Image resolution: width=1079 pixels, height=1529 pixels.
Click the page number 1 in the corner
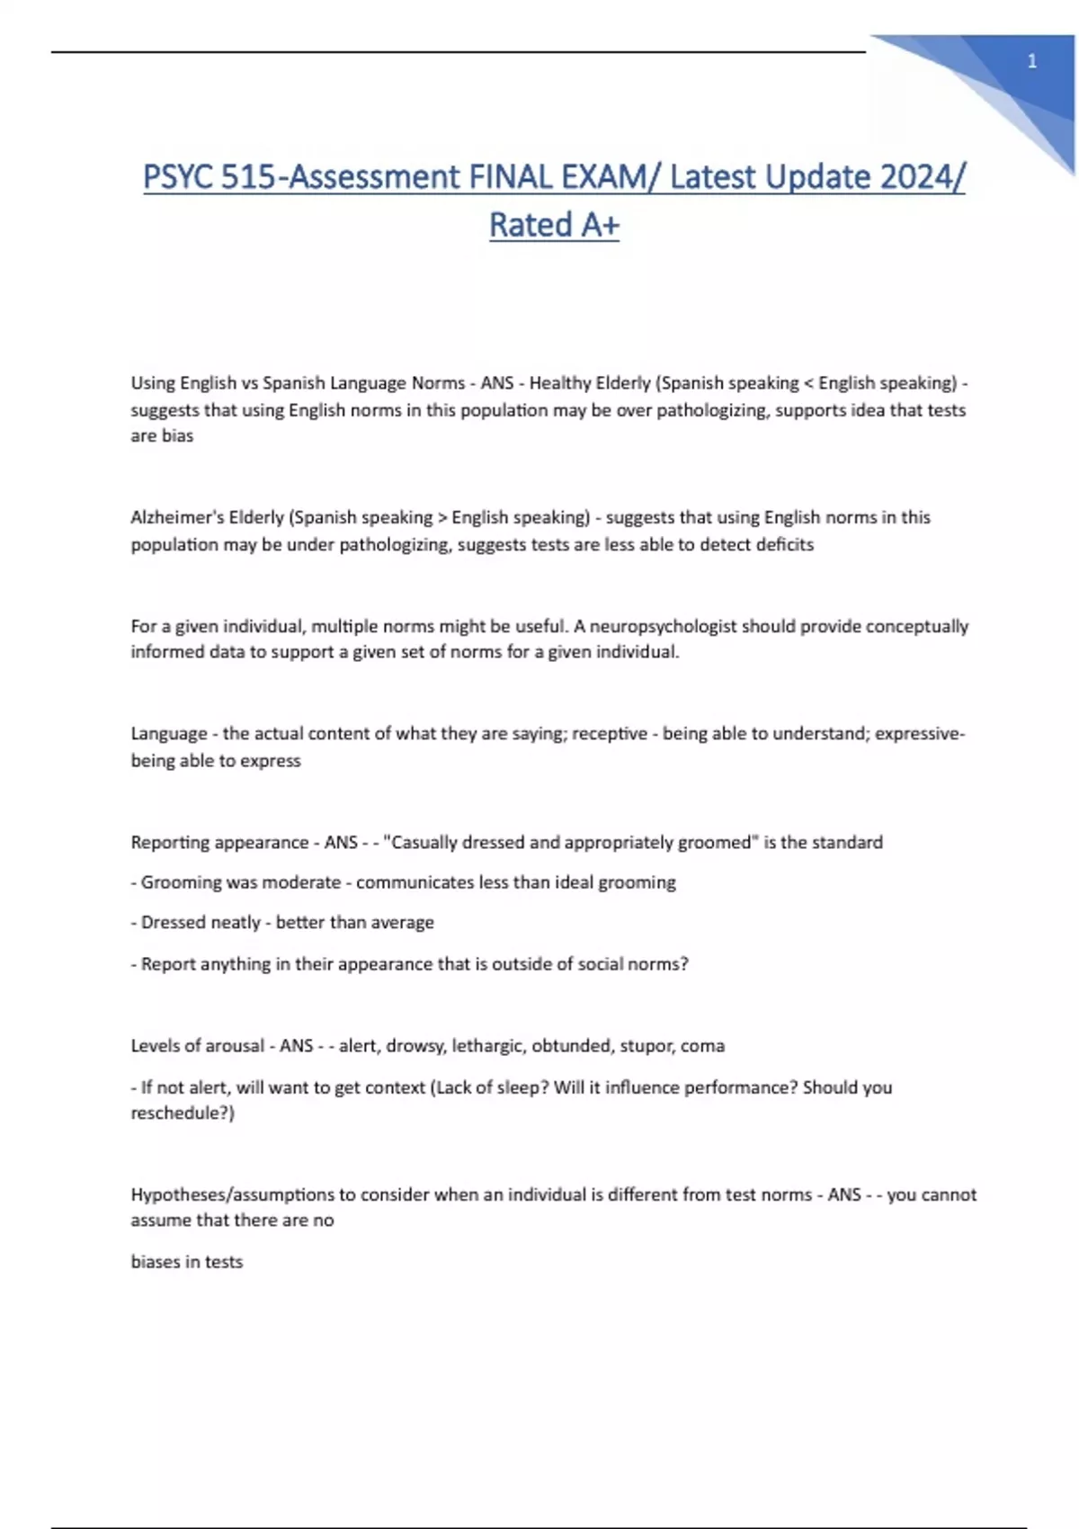[1031, 61]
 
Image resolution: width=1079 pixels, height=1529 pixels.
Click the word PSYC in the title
[177, 177]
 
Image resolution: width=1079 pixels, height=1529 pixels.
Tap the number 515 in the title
[246, 177]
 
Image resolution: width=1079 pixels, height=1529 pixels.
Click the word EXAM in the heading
[602, 177]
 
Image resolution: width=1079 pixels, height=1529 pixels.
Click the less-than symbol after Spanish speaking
[808, 383]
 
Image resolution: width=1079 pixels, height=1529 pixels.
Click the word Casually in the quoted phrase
[422, 843]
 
